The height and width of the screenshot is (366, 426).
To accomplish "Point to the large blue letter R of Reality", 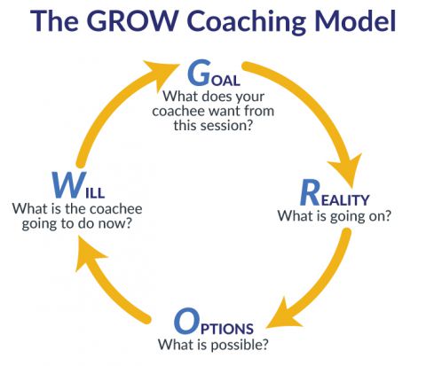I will (x=310, y=191).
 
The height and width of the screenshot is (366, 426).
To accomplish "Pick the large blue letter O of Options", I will (x=188, y=320).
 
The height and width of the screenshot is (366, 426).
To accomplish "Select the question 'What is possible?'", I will (x=213, y=343).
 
